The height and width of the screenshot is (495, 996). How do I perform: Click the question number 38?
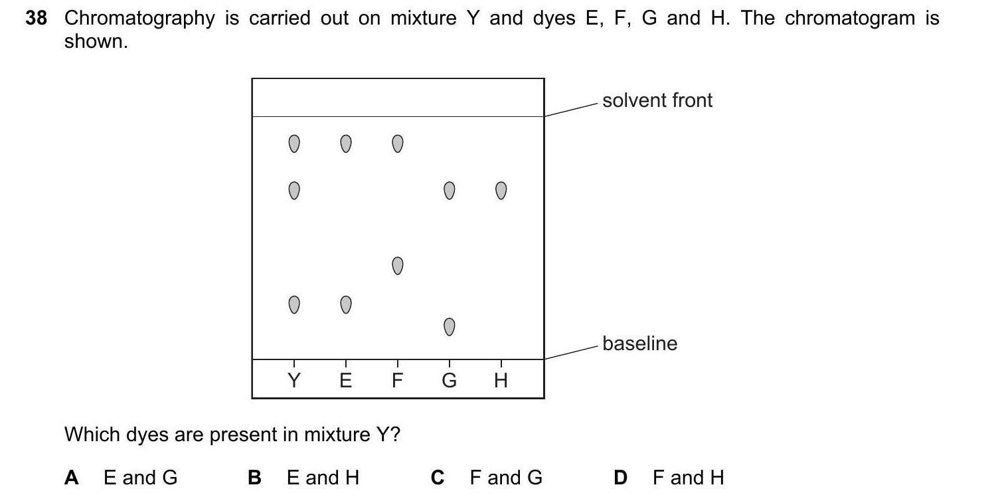(x=37, y=18)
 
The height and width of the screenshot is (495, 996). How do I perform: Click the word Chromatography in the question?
(x=139, y=19)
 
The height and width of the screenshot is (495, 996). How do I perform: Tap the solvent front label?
(x=657, y=100)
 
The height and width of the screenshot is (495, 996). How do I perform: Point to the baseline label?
(x=639, y=344)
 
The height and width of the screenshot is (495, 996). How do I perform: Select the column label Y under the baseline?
(x=293, y=380)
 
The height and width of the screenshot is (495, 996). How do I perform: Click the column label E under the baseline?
(x=345, y=380)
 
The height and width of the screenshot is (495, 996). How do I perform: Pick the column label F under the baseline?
(x=397, y=380)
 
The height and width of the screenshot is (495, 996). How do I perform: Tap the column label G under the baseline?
(x=449, y=380)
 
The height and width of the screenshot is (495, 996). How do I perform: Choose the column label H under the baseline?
(x=501, y=380)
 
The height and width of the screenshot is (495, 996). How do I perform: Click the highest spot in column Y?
(x=293, y=144)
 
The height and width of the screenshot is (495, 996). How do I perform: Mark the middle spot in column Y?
(x=293, y=191)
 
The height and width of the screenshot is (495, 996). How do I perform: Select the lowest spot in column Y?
(x=293, y=305)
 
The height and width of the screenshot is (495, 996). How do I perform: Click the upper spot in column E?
(x=345, y=144)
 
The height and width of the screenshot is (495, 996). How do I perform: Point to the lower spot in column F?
(x=397, y=266)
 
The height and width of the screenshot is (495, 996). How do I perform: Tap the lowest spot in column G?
(x=449, y=327)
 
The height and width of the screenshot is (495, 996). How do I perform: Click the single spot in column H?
(x=501, y=191)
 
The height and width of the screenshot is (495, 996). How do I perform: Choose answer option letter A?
(x=72, y=477)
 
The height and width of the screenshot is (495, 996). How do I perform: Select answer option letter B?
(x=254, y=477)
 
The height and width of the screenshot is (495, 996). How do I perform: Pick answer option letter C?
(x=437, y=477)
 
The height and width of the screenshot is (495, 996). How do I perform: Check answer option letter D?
(x=620, y=477)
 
